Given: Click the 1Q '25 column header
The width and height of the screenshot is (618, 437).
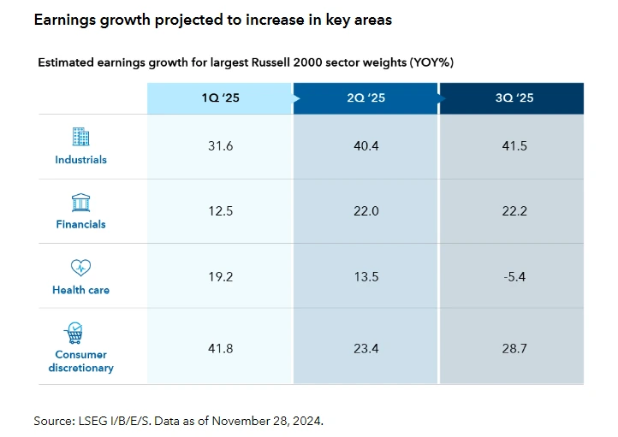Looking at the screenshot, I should (x=220, y=98).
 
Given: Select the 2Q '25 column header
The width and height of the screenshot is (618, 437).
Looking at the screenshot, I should (x=365, y=98).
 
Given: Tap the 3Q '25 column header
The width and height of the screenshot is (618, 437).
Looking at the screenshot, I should (x=514, y=98).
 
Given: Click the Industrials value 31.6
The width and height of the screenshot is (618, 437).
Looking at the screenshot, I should (x=220, y=146).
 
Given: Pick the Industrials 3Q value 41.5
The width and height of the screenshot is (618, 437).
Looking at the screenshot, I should (x=514, y=146).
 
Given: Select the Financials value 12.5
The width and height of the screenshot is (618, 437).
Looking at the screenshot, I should (x=220, y=211).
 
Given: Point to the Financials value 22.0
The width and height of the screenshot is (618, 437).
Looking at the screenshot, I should (x=365, y=211).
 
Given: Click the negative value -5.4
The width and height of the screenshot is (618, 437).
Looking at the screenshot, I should (x=514, y=276).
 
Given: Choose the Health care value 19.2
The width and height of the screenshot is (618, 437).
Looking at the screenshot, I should (x=220, y=276).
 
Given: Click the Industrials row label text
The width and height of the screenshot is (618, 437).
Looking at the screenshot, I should (x=80, y=160).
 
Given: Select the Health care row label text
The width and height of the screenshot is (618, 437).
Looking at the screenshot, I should (x=80, y=290).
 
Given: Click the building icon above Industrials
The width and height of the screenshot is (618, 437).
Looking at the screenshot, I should (x=80, y=137).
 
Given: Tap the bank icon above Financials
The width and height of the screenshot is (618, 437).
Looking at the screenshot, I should (x=80, y=202).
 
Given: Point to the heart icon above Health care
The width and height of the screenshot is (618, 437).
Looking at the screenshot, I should (x=80, y=268).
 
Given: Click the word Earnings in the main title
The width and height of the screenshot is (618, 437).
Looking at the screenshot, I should (x=64, y=19).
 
